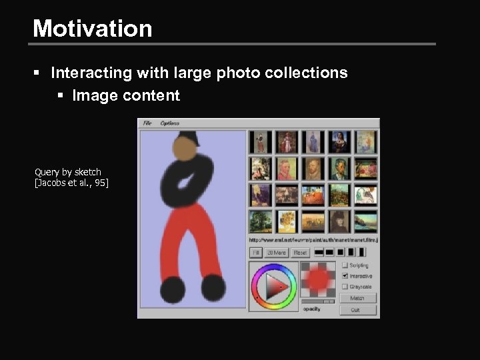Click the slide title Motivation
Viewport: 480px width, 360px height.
(x=93, y=29)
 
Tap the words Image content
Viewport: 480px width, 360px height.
(x=126, y=96)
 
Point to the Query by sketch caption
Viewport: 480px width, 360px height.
(x=68, y=172)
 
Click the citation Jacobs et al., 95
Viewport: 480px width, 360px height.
(x=71, y=183)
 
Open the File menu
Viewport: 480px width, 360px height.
(x=147, y=123)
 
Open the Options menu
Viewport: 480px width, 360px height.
(x=169, y=123)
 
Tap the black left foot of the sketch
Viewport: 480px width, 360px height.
(x=173, y=289)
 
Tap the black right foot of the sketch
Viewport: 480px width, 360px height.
(x=213, y=286)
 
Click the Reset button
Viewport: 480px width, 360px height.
(x=300, y=253)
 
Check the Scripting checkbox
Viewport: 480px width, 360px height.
(x=345, y=265)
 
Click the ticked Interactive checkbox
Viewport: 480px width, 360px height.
(x=345, y=276)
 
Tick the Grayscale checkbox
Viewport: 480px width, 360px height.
(x=345, y=287)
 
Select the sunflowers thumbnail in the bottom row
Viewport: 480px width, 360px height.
(x=286, y=221)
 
